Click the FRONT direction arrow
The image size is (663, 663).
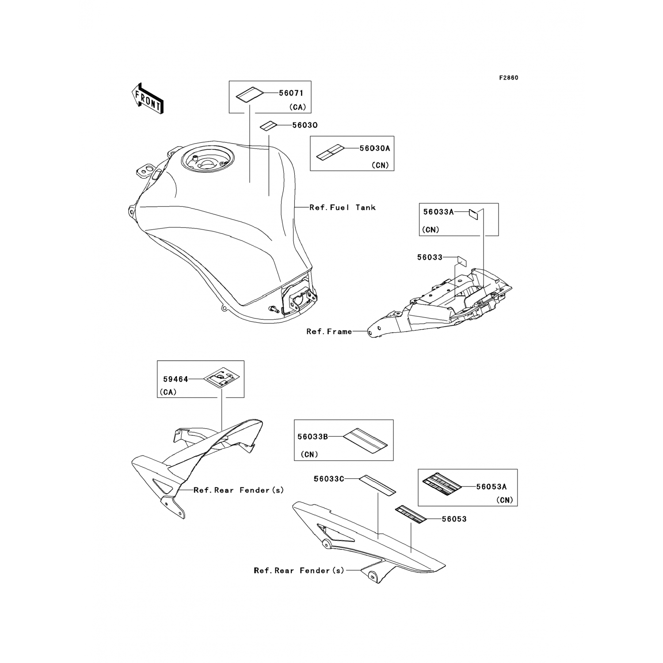click(148, 98)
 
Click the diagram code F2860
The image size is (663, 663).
click(508, 78)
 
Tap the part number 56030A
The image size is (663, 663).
click(375, 149)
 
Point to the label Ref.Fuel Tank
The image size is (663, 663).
click(342, 207)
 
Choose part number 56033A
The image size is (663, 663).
click(438, 212)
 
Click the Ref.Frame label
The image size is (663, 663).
click(329, 331)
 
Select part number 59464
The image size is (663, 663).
click(175, 379)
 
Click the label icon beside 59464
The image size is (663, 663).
click(221, 378)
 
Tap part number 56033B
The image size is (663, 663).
click(312, 437)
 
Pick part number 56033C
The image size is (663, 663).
click(329, 479)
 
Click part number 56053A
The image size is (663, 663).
click(491, 487)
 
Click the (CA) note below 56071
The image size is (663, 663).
click(297, 107)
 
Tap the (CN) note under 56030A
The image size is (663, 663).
click(380, 165)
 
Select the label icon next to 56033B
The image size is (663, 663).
click(366, 440)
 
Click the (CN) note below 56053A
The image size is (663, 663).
click(504, 500)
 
